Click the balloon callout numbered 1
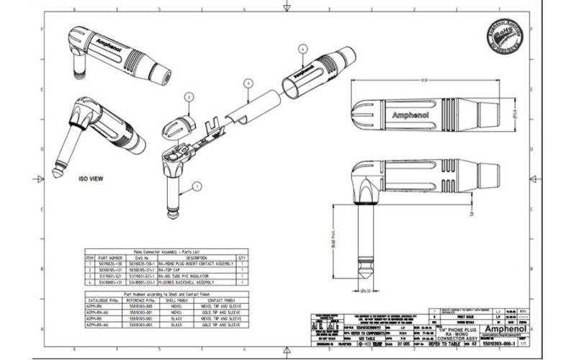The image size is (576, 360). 195,186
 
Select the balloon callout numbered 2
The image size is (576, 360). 189,96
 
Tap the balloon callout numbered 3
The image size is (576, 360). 246,84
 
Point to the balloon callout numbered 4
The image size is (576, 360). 302,48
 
